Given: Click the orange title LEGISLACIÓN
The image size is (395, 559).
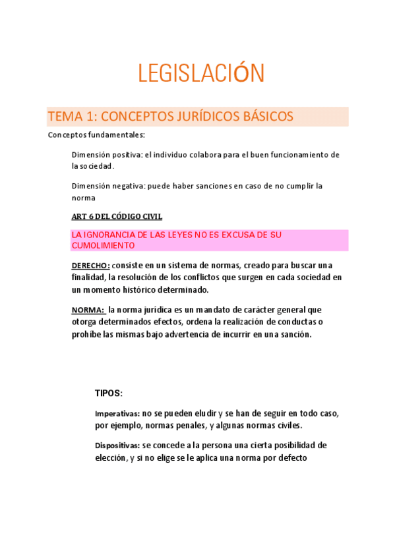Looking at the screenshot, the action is click(201, 73).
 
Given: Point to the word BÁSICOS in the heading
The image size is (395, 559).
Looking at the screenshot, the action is click(251, 117).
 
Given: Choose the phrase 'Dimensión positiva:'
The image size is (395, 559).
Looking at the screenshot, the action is click(106, 155).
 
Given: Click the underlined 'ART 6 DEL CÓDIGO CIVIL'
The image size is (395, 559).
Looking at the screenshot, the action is click(117, 216).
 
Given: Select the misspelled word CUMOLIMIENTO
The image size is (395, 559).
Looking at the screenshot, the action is click(103, 245).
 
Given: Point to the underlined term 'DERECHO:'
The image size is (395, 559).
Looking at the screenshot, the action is click(90, 266).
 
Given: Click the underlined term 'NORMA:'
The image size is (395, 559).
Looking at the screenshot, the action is click(88, 309).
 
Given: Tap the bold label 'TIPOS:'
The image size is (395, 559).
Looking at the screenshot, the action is click(109, 393).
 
